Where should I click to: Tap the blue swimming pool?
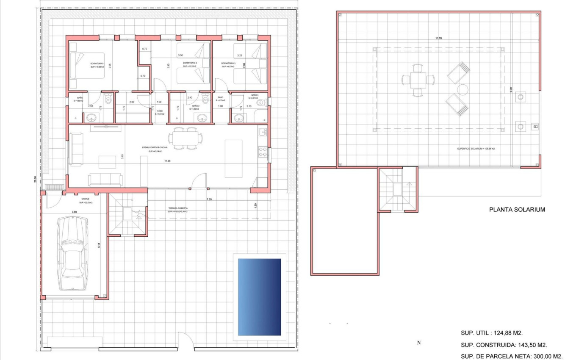click(259, 297)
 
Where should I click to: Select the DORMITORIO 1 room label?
click(97, 63)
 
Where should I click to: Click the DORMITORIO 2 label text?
click(190, 63)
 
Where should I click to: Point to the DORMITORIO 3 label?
click(228, 63)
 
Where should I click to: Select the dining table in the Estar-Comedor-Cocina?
click(185, 138)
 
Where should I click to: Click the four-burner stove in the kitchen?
click(263, 151)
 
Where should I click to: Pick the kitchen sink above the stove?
click(263, 132)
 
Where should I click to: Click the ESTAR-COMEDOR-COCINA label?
click(155, 147)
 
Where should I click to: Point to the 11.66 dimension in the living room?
click(169, 161)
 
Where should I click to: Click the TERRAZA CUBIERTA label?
click(177, 208)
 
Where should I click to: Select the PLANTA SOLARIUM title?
click(517, 209)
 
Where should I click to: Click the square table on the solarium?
click(418, 80)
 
